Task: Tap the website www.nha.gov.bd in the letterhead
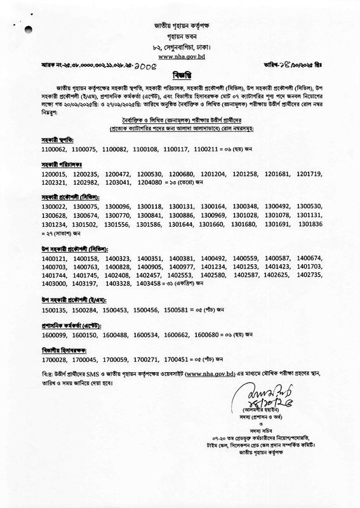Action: click(x=180, y=57)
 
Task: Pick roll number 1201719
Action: click(x=307, y=173)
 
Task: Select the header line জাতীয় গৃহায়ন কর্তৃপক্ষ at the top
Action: click(x=180, y=25)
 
